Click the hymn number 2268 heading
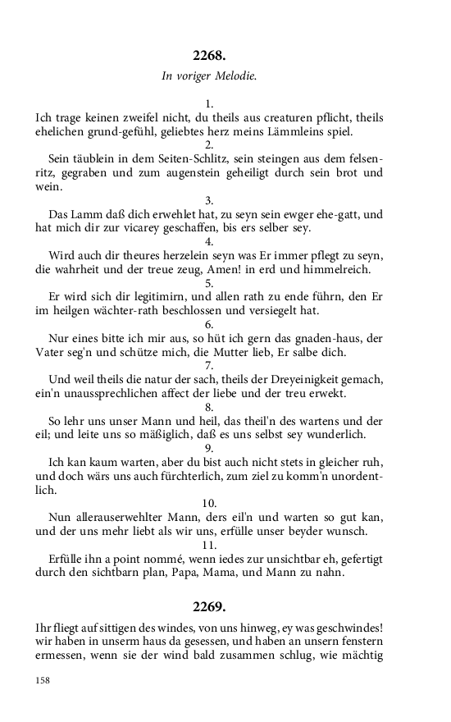pos(209,56)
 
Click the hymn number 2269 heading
pos(209,607)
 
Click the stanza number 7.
pos(209,365)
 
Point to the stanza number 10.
pos(209,502)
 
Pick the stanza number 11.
pos(209,544)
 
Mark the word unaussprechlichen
pos(104,393)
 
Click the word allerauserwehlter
pos(121,517)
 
